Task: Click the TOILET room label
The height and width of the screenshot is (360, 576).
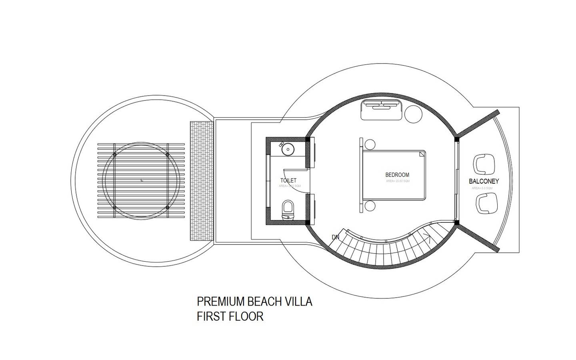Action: [x=288, y=181]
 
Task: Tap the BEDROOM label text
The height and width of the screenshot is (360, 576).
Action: [x=397, y=175]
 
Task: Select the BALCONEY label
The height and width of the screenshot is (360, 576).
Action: [x=484, y=181]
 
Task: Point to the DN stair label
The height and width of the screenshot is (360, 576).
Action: [x=335, y=237]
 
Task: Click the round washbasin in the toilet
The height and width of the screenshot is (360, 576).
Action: [x=288, y=150]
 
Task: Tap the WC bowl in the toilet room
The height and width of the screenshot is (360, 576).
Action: [x=288, y=208]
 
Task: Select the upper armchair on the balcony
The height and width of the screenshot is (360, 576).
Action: [x=484, y=163]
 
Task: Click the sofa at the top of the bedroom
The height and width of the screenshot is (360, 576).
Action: [x=382, y=110]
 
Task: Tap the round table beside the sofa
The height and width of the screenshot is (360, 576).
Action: [x=413, y=114]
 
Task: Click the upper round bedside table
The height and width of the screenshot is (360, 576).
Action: [x=370, y=144]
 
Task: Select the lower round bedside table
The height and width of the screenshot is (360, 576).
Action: [x=370, y=206]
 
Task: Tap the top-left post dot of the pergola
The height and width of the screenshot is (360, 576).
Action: [x=115, y=154]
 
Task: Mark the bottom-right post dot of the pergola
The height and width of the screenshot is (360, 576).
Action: [x=167, y=207]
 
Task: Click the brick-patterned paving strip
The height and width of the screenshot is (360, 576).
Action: [x=202, y=181]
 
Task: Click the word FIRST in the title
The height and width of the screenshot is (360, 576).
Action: [x=211, y=316]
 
